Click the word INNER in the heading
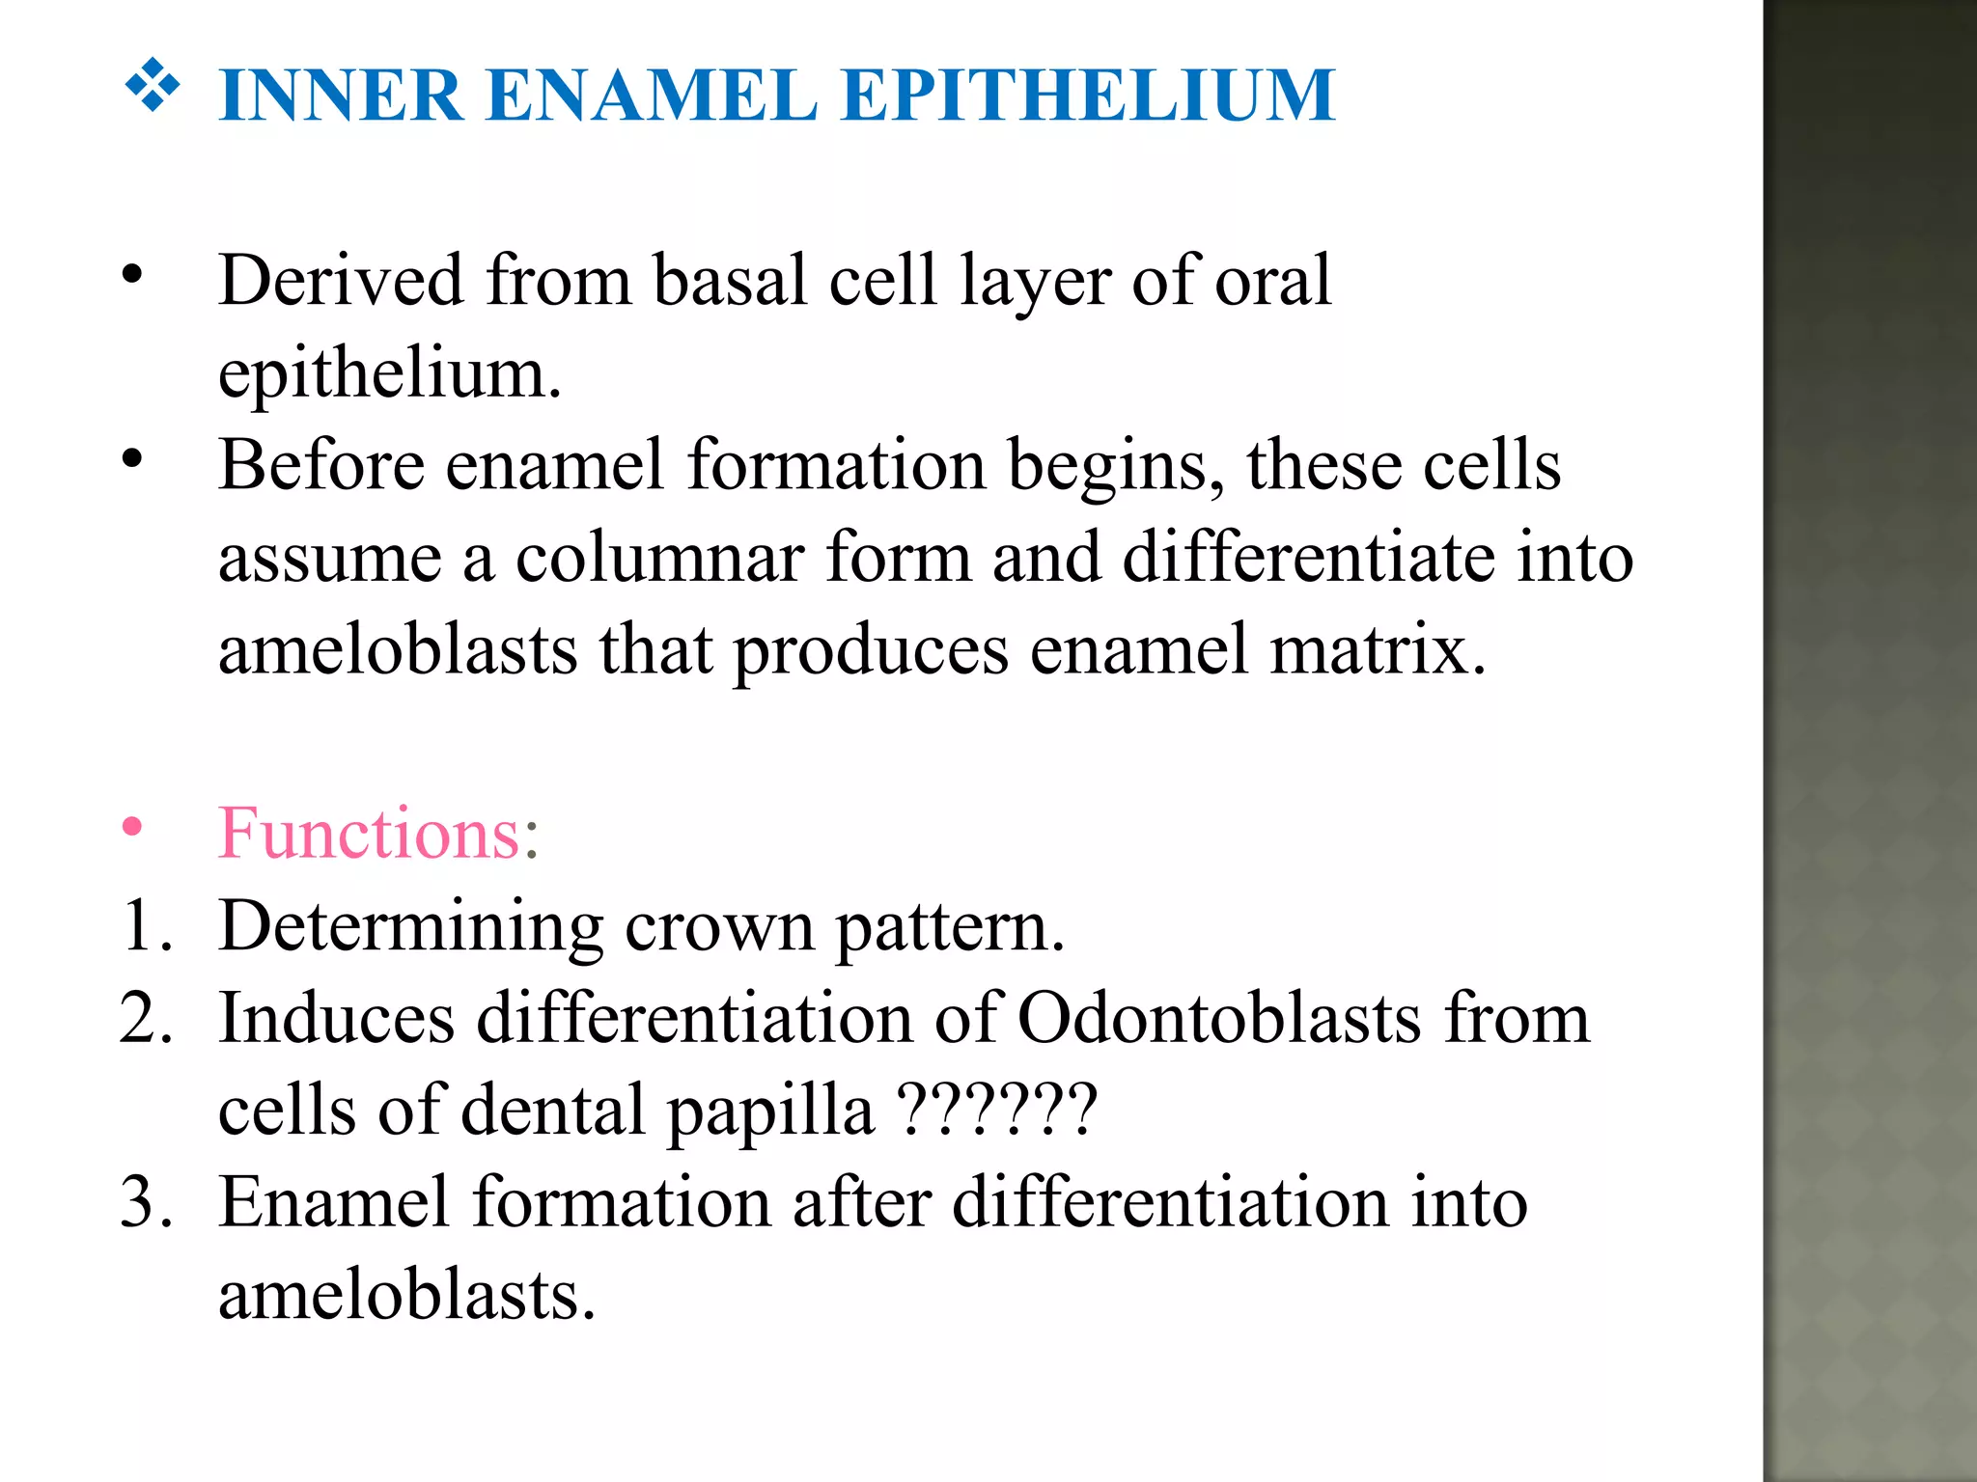click(342, 96)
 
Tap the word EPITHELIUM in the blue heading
click(1088, 96)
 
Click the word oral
click(1272, 280)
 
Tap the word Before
click(321, 465)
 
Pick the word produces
click(871, 651)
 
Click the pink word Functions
click(370, 833)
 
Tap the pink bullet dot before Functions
click(132, 827)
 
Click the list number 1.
click(145, 926)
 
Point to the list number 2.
click(145, 1019)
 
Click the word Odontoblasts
click(1219, 1019)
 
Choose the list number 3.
click(145, 1202)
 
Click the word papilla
click(770, 1111)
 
